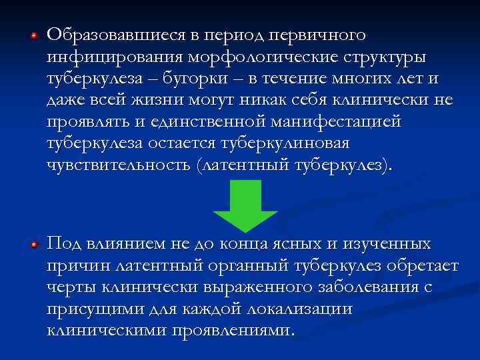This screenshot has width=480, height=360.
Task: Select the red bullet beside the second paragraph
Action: pyautogui.click(x=33, y=245)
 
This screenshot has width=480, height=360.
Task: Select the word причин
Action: pyautogui.click(x=77, y=265)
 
